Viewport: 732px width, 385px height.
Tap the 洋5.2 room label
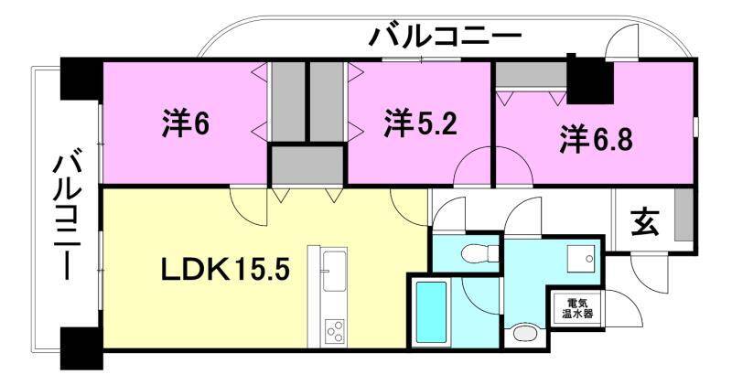(x=420, y=124)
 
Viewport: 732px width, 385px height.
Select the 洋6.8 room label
(x=597, y=141)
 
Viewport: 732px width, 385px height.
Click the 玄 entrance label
(x=645, y=221)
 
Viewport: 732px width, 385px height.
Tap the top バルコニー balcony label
(x=445, y=38)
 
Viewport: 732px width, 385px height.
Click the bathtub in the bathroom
(x=430, y=310)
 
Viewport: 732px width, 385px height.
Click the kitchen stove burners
(x=334, y=329)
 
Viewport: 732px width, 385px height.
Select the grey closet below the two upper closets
(x=307, y=165)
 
